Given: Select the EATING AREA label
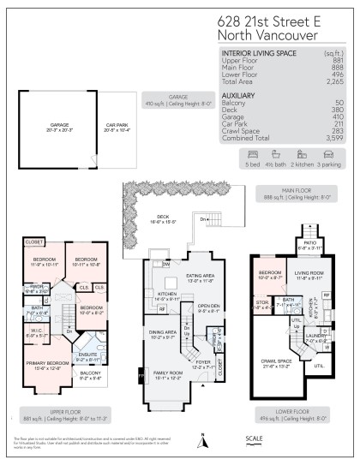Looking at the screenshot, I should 200,277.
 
